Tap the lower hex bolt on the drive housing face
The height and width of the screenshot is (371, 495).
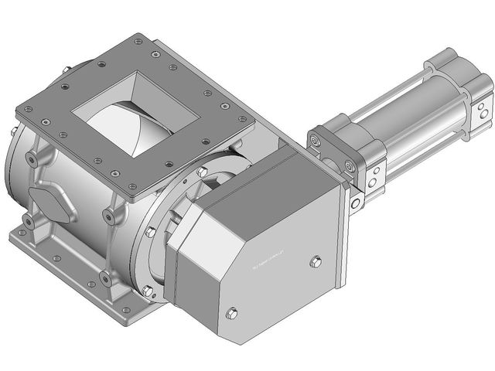click(x=231, y=313)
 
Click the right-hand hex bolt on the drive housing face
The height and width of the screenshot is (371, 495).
click(x=315, y=262)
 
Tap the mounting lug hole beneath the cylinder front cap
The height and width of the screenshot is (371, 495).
click(x=357, y=203)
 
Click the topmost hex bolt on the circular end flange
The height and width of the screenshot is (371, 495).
click(x=202, y=172)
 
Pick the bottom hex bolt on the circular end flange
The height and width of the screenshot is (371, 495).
click(x=148, y=290)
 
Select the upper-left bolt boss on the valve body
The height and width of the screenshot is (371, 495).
click(x=32, y=158)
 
